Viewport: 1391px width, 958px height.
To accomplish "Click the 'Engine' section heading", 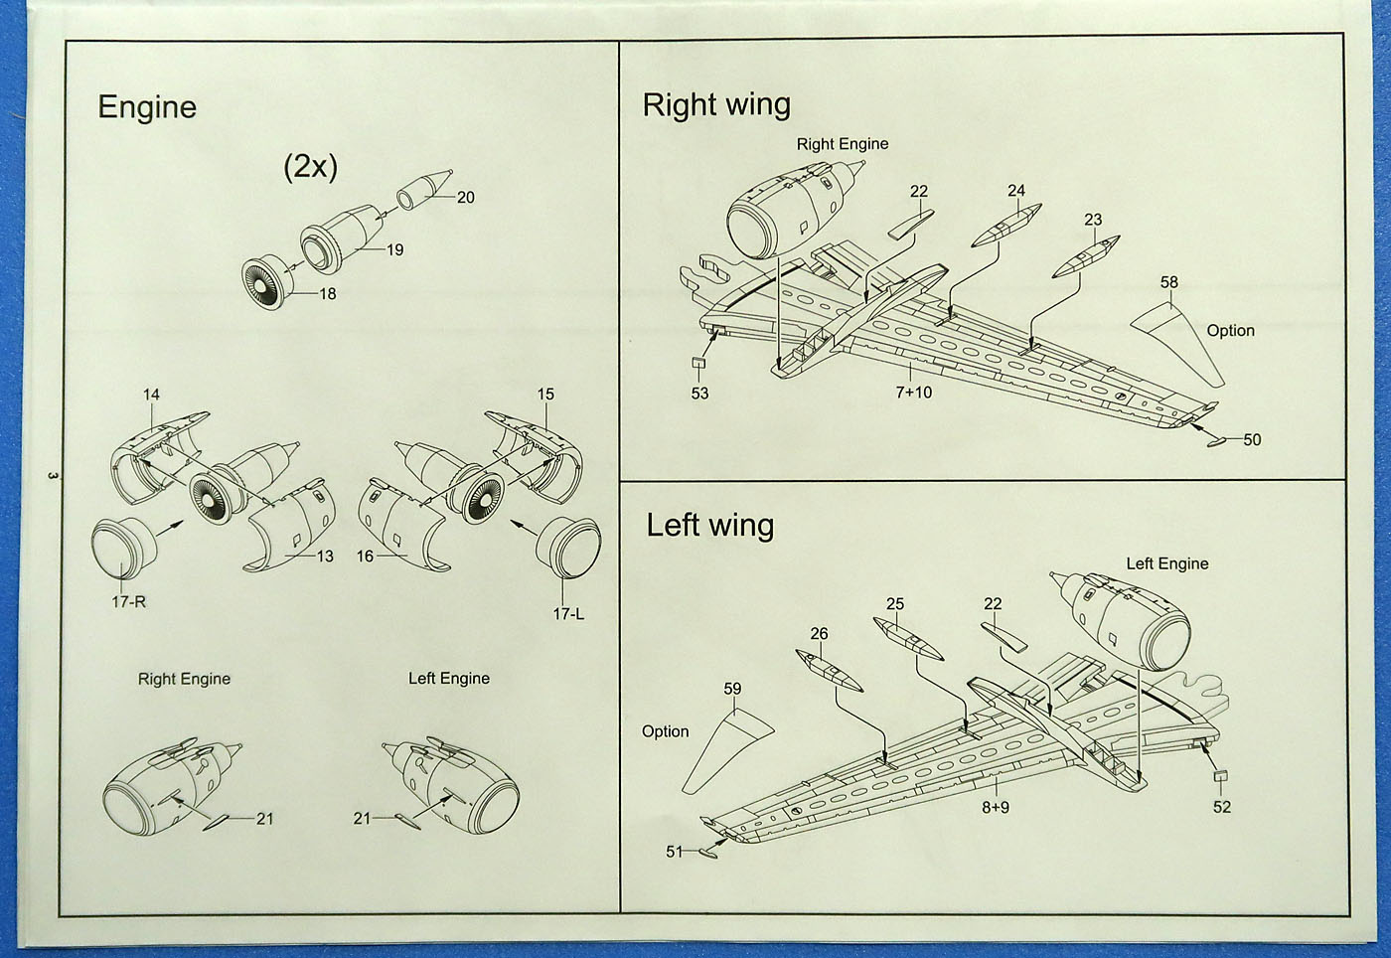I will point(147,107).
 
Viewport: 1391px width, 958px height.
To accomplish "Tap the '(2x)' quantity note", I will point(310,166).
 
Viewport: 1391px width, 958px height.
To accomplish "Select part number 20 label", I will point(465,197).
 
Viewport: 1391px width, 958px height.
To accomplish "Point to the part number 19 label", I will point(394,249).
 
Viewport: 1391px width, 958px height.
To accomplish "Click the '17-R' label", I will point(128,602).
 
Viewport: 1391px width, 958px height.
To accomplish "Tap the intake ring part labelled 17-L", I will point(569,548).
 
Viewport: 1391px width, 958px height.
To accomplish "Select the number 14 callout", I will point(151,395).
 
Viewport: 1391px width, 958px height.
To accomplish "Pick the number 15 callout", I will point(545,395).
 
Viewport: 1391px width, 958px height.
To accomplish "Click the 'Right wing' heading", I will point(716,104).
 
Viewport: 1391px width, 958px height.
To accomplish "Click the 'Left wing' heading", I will point(709,525).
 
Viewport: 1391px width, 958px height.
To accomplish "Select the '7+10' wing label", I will point(914,393).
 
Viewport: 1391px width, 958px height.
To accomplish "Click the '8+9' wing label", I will point(996,807).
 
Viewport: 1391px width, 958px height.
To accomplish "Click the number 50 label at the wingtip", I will point(1252,439).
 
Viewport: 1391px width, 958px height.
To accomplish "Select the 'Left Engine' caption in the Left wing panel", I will point(1166,563).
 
